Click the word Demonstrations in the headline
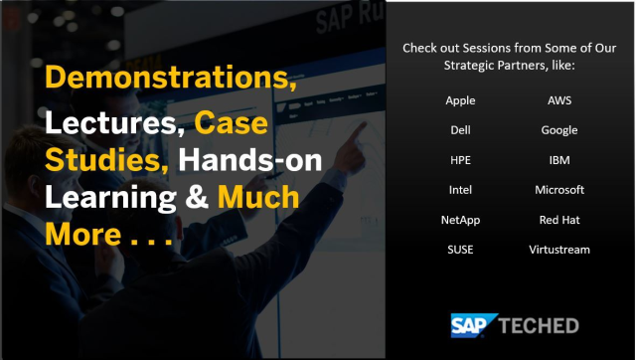[168, 79]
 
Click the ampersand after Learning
[196, 198]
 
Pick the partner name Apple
[460, 100]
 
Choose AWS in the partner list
[559, 100]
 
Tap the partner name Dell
[460, 130]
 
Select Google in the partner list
[559, 130]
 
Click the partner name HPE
[460, 160]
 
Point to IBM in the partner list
[559, 160]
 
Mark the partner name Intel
[460, 190]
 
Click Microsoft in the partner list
[559, 190]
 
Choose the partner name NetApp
[460, 220]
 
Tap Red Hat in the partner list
[559, 220]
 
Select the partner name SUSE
[460, 250]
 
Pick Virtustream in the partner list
[559, 250]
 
